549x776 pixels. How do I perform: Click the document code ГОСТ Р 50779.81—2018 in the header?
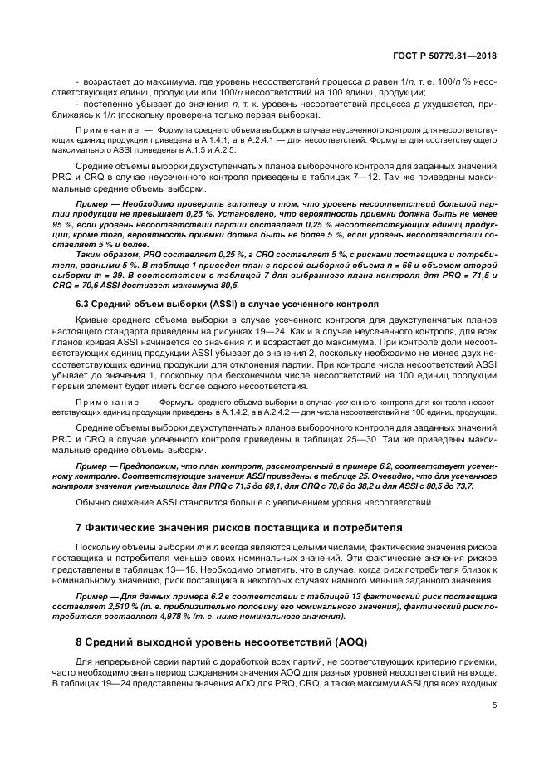tap(449, 55)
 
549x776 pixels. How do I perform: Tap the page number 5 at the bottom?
tap(493, 707)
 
